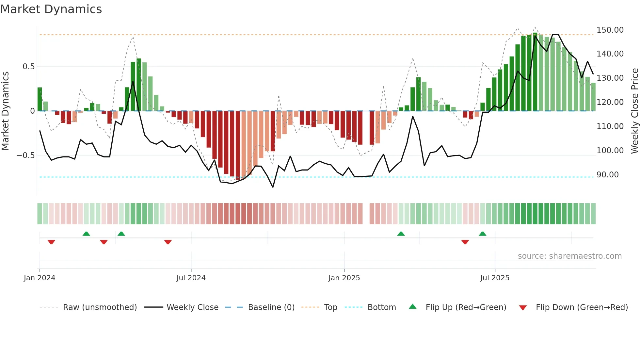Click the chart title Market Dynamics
(51, 9)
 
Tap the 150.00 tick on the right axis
(610, 30)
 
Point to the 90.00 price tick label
(607, 175)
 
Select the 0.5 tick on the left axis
(28, 67)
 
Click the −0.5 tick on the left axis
(26, 155)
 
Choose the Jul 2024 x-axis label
(191, 278)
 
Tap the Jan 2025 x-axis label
(344, 278)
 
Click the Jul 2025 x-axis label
(494, 278)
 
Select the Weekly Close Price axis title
(634, 111)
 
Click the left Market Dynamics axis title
(5, 111)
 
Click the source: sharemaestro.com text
(569, 256)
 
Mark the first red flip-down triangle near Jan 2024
(51, 242)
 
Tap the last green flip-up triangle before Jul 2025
(482, 234)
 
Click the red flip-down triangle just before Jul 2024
(168, 242)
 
